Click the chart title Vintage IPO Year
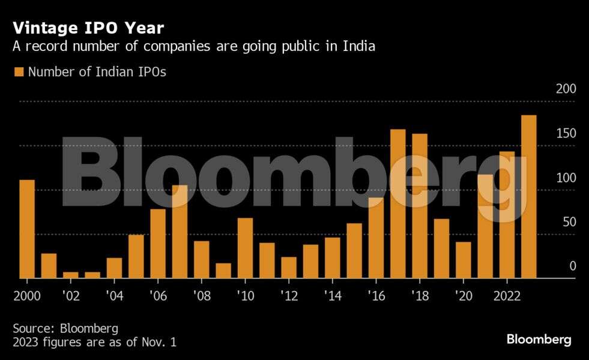click(x=88, y=28)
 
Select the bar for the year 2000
click(x=27, y=229)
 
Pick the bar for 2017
click(x=398, y=203)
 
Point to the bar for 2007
click(x=180, y=231)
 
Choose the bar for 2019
click(x=441, y=248)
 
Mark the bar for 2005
click(x=136, y=256)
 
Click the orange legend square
click(x=19, y=72)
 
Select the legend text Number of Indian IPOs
click(x=97, y=72)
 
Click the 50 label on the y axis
click(x=568, y=222)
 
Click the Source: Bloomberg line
click(x=65, y=328)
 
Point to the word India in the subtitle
click(x=359, y=47)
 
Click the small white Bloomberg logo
click(x=539, y=340)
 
